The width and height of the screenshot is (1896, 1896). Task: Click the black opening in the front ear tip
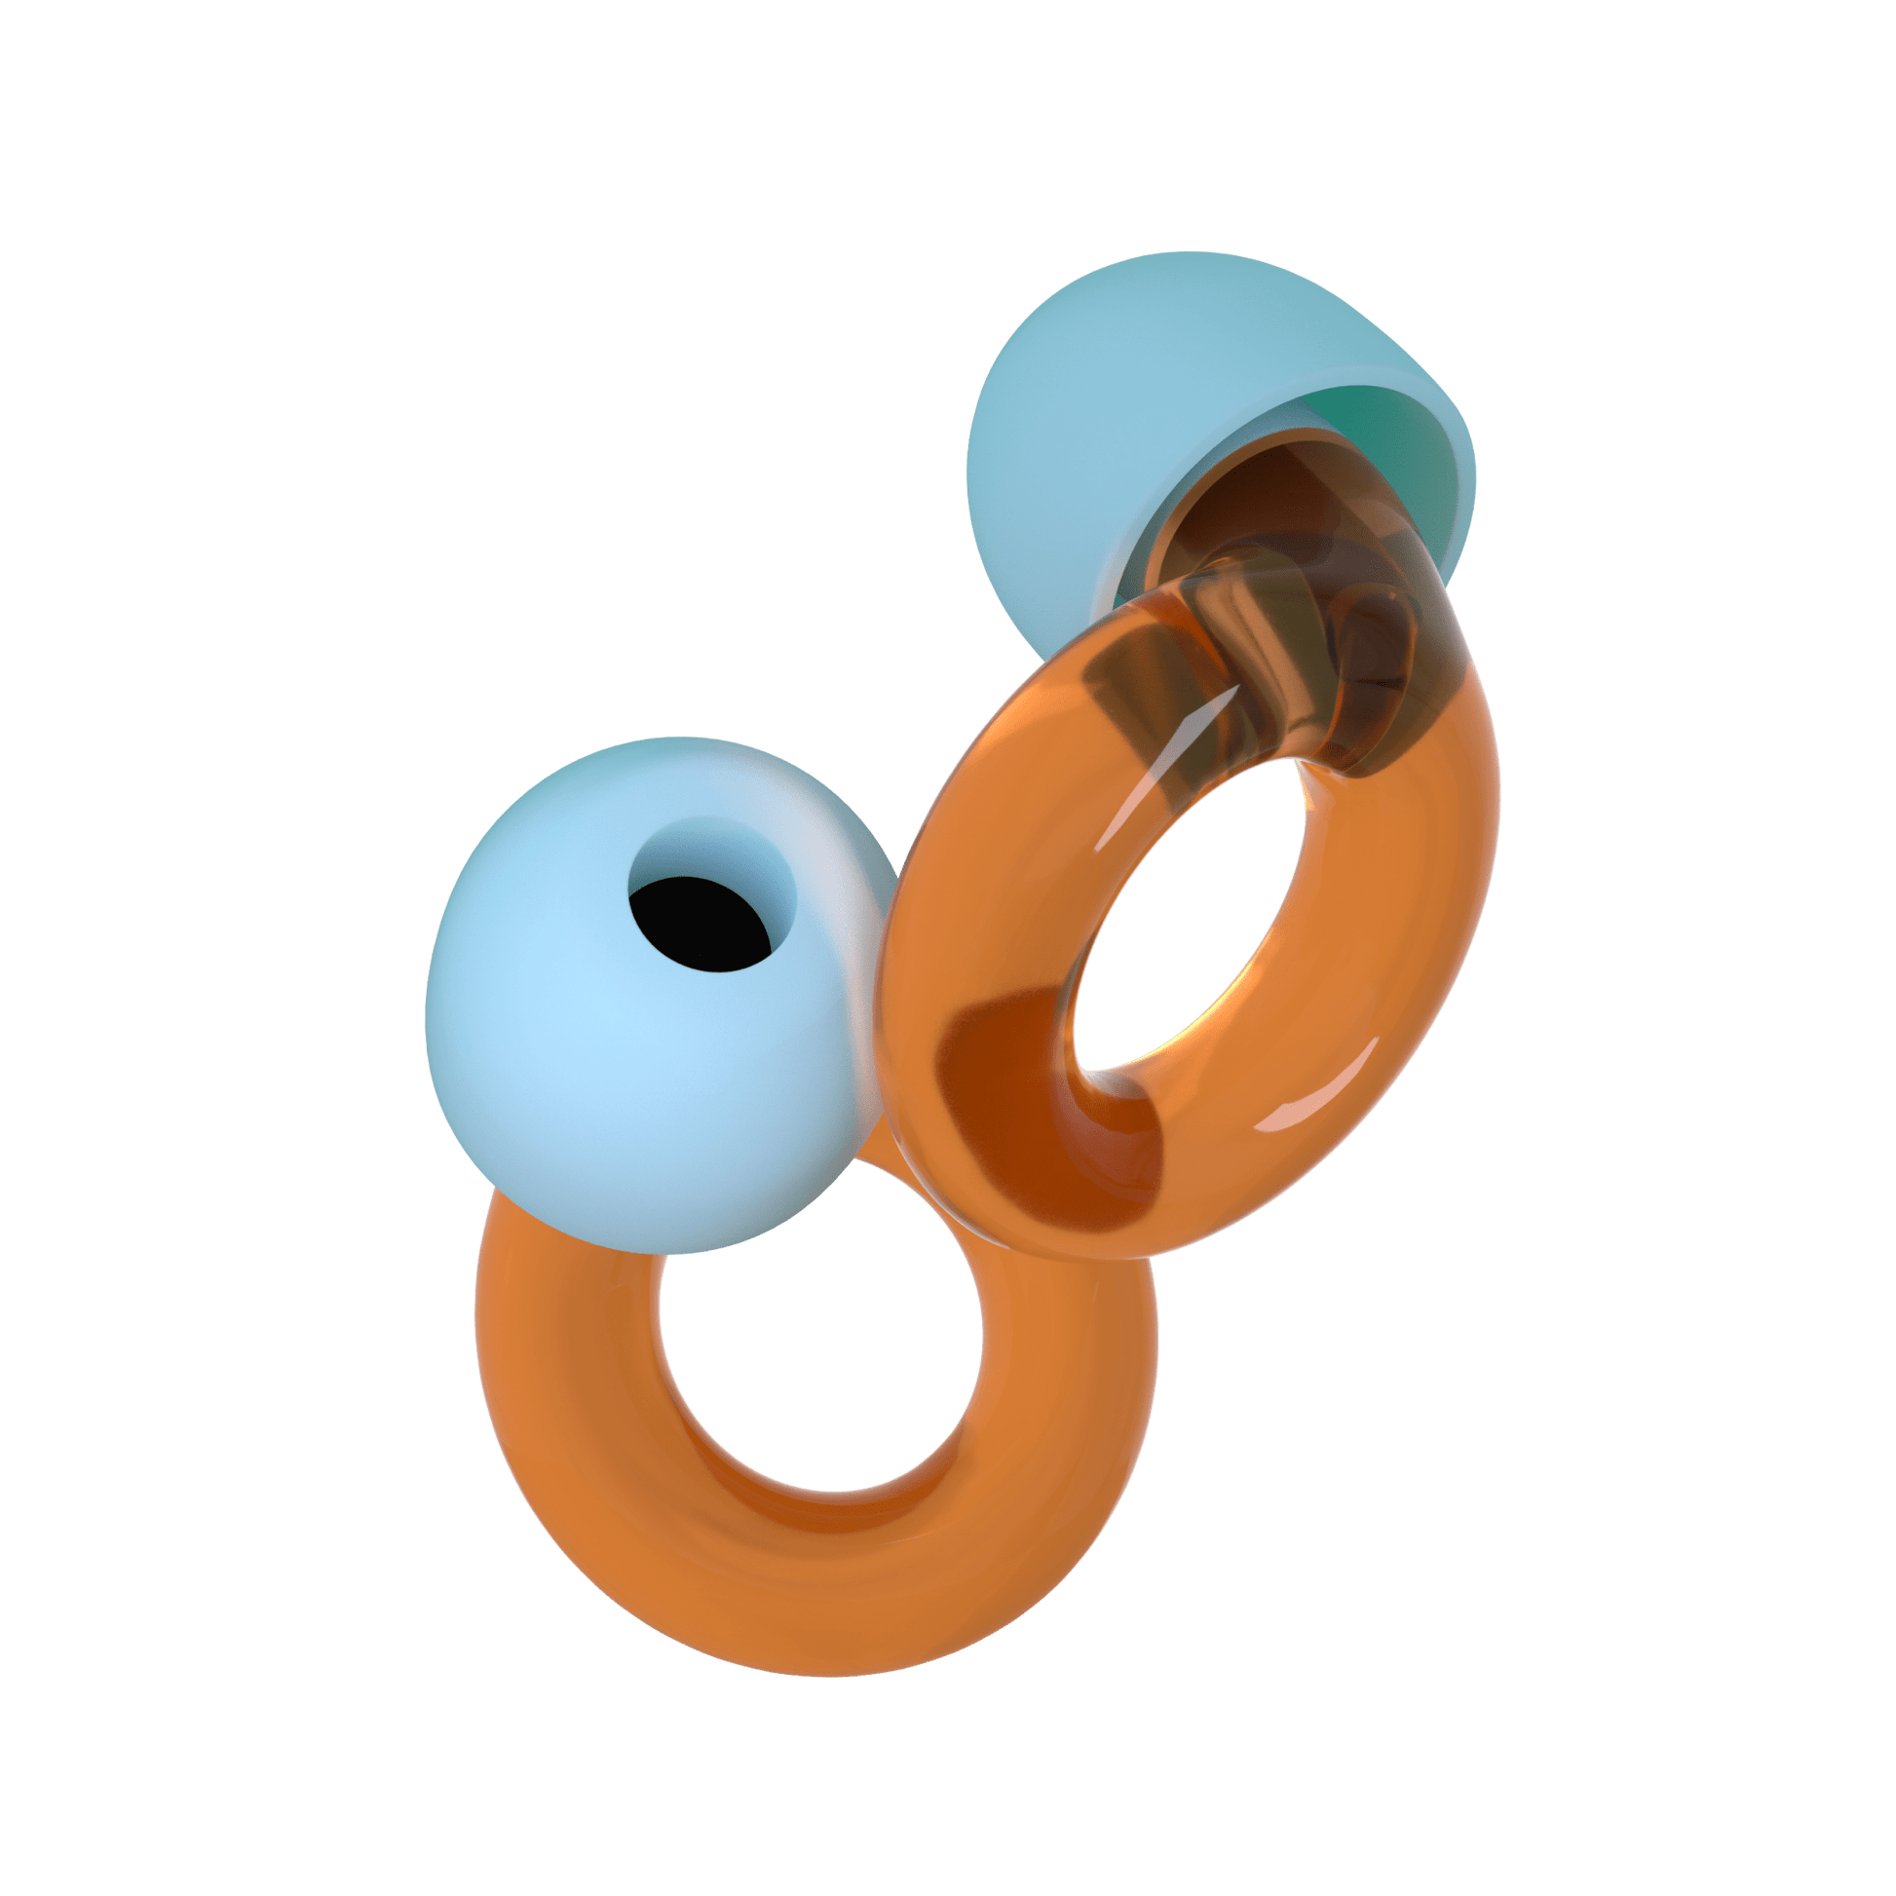click(x=699, y=927)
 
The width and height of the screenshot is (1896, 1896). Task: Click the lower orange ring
click(x=588, y=1472)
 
